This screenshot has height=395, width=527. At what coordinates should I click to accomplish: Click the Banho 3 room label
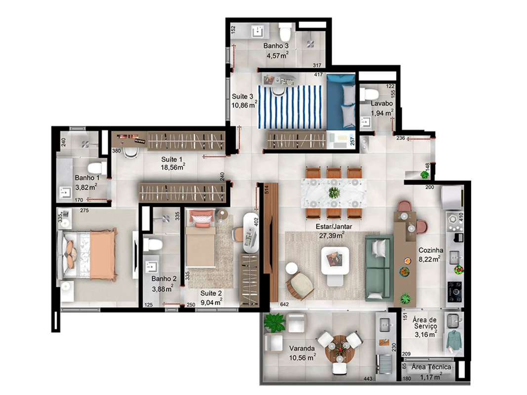[x=276, y=46]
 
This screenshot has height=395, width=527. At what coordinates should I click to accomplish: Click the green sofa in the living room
[x=379, y=268]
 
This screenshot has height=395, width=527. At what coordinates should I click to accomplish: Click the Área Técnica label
[x=431, y=367]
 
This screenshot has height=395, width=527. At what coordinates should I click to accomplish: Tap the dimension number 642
[x=284, y=304]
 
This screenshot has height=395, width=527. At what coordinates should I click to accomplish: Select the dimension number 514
[x=267, y=190]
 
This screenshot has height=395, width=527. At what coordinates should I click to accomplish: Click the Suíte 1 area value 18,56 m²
[x=173, y=167]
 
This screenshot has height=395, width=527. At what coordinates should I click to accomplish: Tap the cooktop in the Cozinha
[x=454, y=291]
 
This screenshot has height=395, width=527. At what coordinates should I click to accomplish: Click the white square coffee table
[x=335, y=261]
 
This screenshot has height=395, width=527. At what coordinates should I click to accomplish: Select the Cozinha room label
[x=431, y=250]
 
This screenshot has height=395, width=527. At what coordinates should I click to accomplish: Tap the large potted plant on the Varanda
[x=275, y=322]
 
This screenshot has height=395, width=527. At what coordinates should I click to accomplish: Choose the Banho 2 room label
[x=163, y=278]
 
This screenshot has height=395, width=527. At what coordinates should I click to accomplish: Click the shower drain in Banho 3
[x=311, y=43]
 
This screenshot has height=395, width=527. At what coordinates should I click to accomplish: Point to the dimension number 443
[x=367, y=379]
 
